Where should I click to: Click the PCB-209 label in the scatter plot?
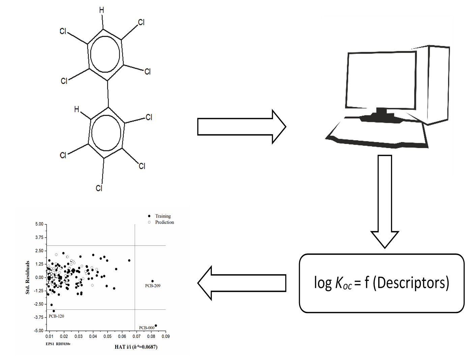coord(153,286)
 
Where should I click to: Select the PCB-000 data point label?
coord(147,328)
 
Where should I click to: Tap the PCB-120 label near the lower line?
coord(56,316)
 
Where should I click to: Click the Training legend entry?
coord(163,216)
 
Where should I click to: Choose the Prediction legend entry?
coord(165,222)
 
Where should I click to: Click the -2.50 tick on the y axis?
coord(39,304)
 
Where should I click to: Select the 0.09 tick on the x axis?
coord(166,336)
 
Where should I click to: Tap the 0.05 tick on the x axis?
coord(108,336)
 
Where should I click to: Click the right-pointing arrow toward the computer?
coord(241,127)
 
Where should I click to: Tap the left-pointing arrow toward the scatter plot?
coord(241,283)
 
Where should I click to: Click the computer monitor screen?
coord(381,81)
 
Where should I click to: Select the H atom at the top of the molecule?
coord(101,10)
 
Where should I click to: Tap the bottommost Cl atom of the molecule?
coord(99,188)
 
